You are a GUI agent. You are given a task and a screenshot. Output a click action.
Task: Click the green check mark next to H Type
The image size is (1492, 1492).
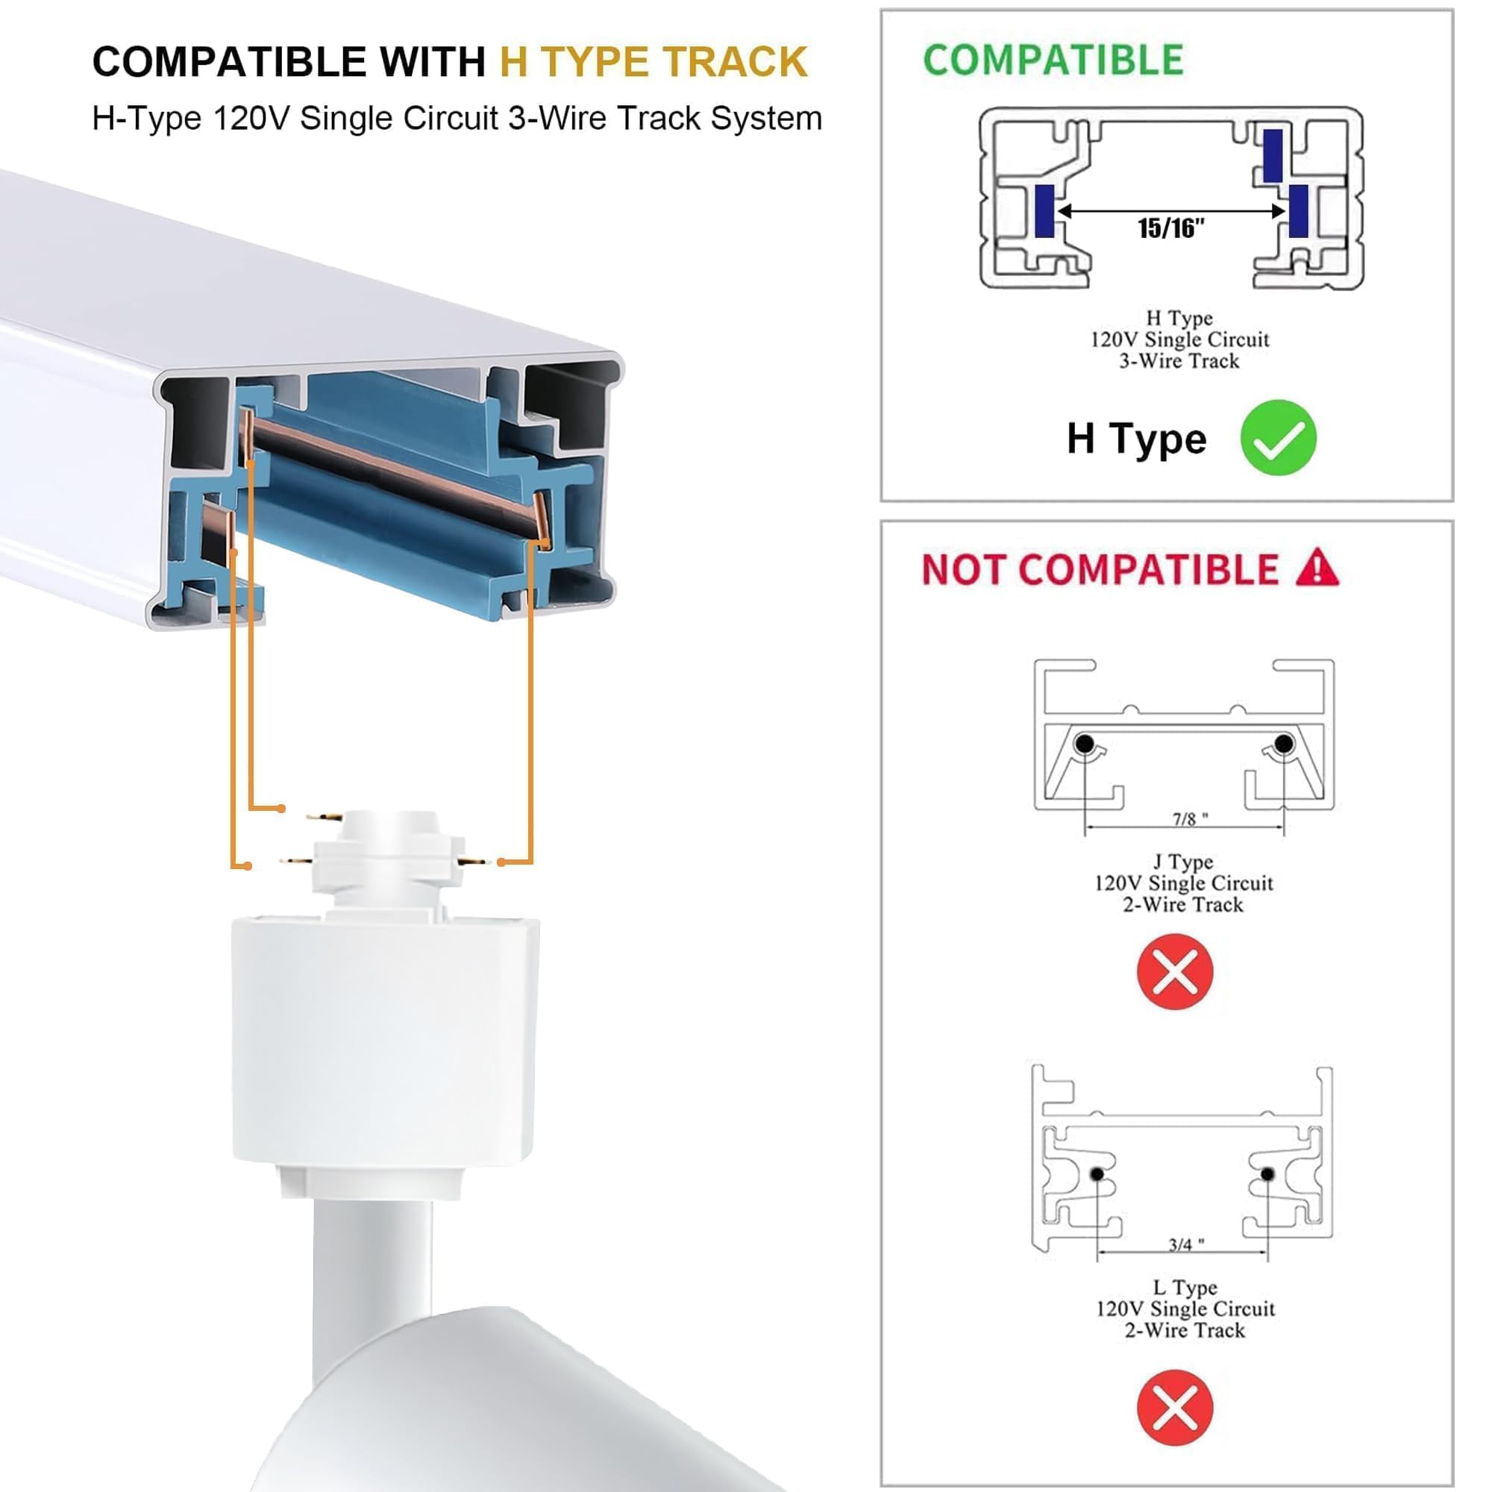pyautogui.click(x=1278, y=438)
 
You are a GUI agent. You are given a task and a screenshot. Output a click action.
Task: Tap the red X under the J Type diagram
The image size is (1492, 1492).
pyautogui.click(x=1175, y=971)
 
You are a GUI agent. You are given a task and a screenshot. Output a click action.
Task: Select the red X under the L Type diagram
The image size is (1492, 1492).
pyautogui.click(x=1175, y=1407)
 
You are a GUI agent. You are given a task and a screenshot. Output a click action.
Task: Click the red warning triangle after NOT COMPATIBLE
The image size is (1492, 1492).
pyautogui.click(x=1317, y=568)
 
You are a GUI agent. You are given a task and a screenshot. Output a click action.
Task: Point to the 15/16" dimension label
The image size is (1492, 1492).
pyautogui.click(x=1170, y=228)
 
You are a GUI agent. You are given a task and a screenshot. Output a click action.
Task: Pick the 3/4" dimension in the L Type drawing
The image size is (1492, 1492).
pyautogui.click(x=1185, y=1245)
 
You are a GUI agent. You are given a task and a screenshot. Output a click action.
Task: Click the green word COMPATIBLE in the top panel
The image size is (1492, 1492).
pyautogui.click(x=1053, y=60)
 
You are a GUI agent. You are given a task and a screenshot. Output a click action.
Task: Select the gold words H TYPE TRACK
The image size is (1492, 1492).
pyautogui.click(x=653, y=62)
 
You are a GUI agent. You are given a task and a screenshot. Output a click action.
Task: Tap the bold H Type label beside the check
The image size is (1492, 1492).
pyautogui.click(x=1136, y=439)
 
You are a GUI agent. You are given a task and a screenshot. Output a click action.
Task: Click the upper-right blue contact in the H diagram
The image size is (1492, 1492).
pyautogui.click(x=1272, y=155)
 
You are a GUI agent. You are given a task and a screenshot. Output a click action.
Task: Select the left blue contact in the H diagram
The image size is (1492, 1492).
pyautogui.click(x=1044, y=211)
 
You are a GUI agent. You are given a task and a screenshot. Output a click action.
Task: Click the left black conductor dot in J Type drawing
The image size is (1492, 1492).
pyautogui.click(x=1084, y=744)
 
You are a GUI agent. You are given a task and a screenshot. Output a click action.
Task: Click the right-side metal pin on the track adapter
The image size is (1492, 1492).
pyautogui.click(x=473, y=861)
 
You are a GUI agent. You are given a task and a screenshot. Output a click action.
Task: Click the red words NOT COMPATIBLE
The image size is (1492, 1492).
pyautogui.click(x=1100, y=570)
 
